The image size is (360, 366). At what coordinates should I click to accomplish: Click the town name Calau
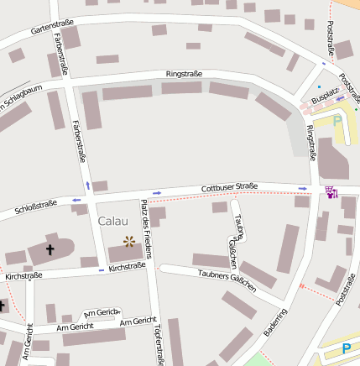point(112,221)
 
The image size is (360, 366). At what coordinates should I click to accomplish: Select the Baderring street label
point(274,322)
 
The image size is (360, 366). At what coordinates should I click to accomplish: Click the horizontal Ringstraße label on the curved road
point(184,74)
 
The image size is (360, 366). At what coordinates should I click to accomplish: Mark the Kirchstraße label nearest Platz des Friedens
point(127,266)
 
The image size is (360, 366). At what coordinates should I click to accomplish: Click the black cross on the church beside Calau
point(50,249)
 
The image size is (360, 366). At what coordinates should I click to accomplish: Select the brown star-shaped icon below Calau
point(129,241)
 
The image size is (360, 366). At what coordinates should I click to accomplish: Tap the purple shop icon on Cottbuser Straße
point(331,192)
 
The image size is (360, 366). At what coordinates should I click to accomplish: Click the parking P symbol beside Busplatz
point(337,120)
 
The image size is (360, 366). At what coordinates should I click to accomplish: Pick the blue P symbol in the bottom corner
point(346,349)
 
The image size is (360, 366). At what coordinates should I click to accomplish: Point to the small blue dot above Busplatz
point(320,86)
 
